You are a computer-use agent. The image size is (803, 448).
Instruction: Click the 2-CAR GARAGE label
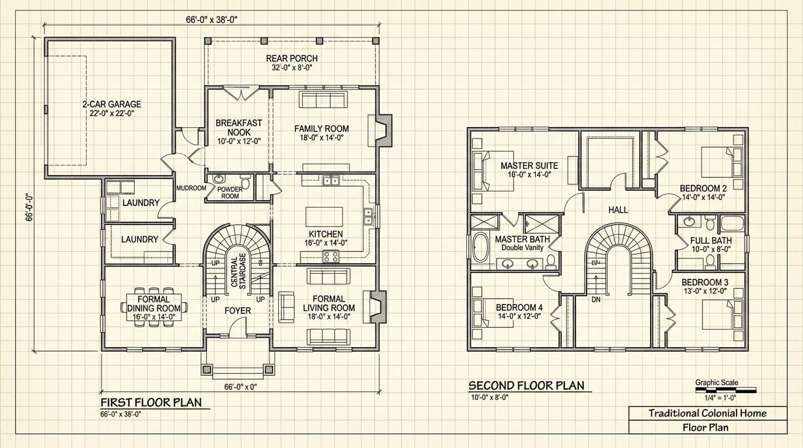(x=111, y=104)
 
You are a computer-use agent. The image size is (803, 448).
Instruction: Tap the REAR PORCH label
(x=292, y=58)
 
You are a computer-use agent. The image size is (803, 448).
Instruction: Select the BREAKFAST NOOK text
(x=239, y=128)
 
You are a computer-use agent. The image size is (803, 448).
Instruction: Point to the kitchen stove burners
(x=331, y=256)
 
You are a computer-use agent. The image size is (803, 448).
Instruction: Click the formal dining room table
(x=154, y=307)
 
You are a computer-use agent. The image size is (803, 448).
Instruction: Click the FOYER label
(x=238, y=311)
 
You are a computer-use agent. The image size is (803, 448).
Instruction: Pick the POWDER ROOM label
(x=229, y=192)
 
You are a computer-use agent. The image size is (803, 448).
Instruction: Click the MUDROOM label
(x=191, y=188)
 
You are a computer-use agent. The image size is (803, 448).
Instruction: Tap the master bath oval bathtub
(x=480, y=247)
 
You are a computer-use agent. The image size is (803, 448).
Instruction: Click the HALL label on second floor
(x=617, y=210)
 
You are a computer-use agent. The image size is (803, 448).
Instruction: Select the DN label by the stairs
(x=596, y=300)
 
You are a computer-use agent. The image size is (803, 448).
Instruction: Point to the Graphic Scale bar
(x=725, y=390)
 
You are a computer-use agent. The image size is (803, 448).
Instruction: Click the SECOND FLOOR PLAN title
(x=526, y=386)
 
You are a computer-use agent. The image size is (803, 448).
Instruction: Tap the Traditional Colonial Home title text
(x=707, y=414)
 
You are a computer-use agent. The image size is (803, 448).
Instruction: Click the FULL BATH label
(x=710, y=240)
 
